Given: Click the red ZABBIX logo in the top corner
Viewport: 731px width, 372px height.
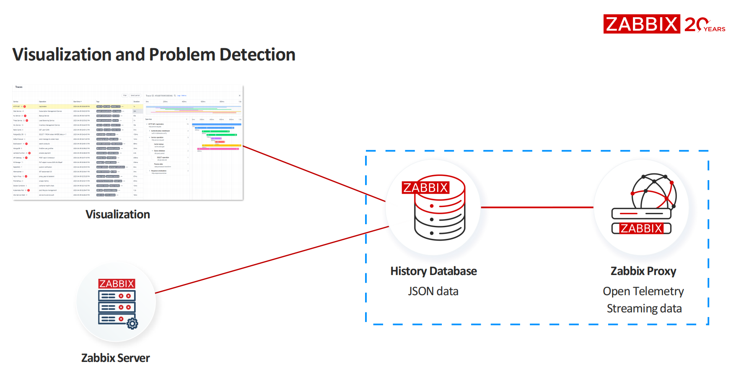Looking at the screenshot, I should (641, 24).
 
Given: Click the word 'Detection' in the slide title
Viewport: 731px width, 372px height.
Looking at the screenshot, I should (257, 55).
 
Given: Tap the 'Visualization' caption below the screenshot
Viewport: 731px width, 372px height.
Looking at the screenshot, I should (118, 215).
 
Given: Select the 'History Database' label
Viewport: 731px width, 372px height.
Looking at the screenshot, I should (433, 271).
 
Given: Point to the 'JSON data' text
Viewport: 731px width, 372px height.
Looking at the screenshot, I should (433, 291).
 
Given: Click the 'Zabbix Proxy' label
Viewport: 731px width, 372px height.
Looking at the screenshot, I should (643, 271).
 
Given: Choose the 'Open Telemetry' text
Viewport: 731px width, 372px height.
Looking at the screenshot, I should (643, 291).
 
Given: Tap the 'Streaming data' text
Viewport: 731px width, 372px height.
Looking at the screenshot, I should (644, 309).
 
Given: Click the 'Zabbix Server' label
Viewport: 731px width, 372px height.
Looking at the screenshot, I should (116, 358).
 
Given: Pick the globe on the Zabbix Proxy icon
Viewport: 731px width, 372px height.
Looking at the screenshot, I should (654, 191).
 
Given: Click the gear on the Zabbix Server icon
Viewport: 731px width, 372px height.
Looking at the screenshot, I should (132, 323).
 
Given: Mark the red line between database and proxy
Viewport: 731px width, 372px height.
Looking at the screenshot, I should (537, 207).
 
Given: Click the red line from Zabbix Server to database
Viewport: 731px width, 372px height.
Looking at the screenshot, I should (272, 259).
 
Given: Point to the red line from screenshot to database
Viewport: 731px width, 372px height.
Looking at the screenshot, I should (314, 174).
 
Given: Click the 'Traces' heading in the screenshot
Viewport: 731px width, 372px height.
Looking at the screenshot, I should (19, 87).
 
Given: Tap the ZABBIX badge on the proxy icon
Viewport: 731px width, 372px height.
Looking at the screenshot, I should (641, 228).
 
